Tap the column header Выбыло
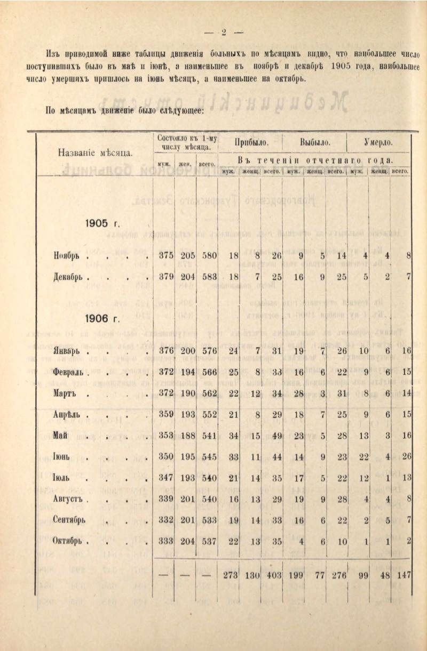[x=315, y=143]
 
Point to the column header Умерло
[x=378, y=143]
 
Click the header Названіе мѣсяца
[x=95, y=152]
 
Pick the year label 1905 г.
[x=102, y=223]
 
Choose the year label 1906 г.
[x=102, y=319]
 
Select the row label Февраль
[x=70, y=372]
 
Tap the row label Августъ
[x=70, y=499]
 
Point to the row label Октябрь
[x=70, y=541]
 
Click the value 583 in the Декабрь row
[x=209, y=277]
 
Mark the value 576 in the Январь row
[x=209, y=351]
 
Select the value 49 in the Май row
[x=276, y=436]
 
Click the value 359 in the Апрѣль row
[x=166, y=414]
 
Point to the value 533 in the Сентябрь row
[x=209, y=520]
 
